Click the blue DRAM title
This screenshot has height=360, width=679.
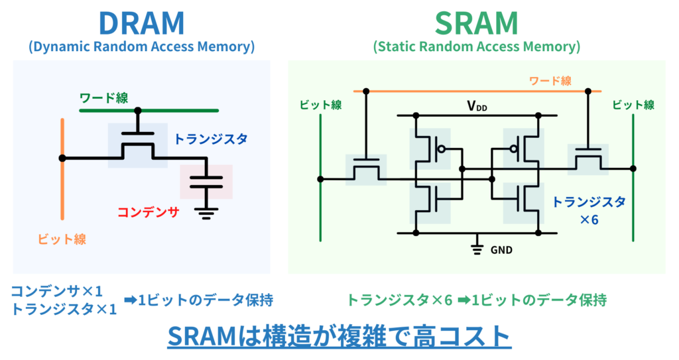141,23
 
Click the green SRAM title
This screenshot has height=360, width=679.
476,23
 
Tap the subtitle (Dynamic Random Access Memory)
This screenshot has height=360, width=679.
141,47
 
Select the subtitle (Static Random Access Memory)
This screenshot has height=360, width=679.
476,47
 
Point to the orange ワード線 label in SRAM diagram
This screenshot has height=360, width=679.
550,81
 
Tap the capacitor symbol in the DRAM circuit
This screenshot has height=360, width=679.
206,182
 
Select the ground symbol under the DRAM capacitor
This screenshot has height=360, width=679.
206,212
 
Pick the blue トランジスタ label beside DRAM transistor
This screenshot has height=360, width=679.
210,139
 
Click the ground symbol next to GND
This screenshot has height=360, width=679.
475,249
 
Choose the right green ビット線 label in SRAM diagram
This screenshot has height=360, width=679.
633,105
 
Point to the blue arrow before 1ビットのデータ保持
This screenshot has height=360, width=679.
128,300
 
